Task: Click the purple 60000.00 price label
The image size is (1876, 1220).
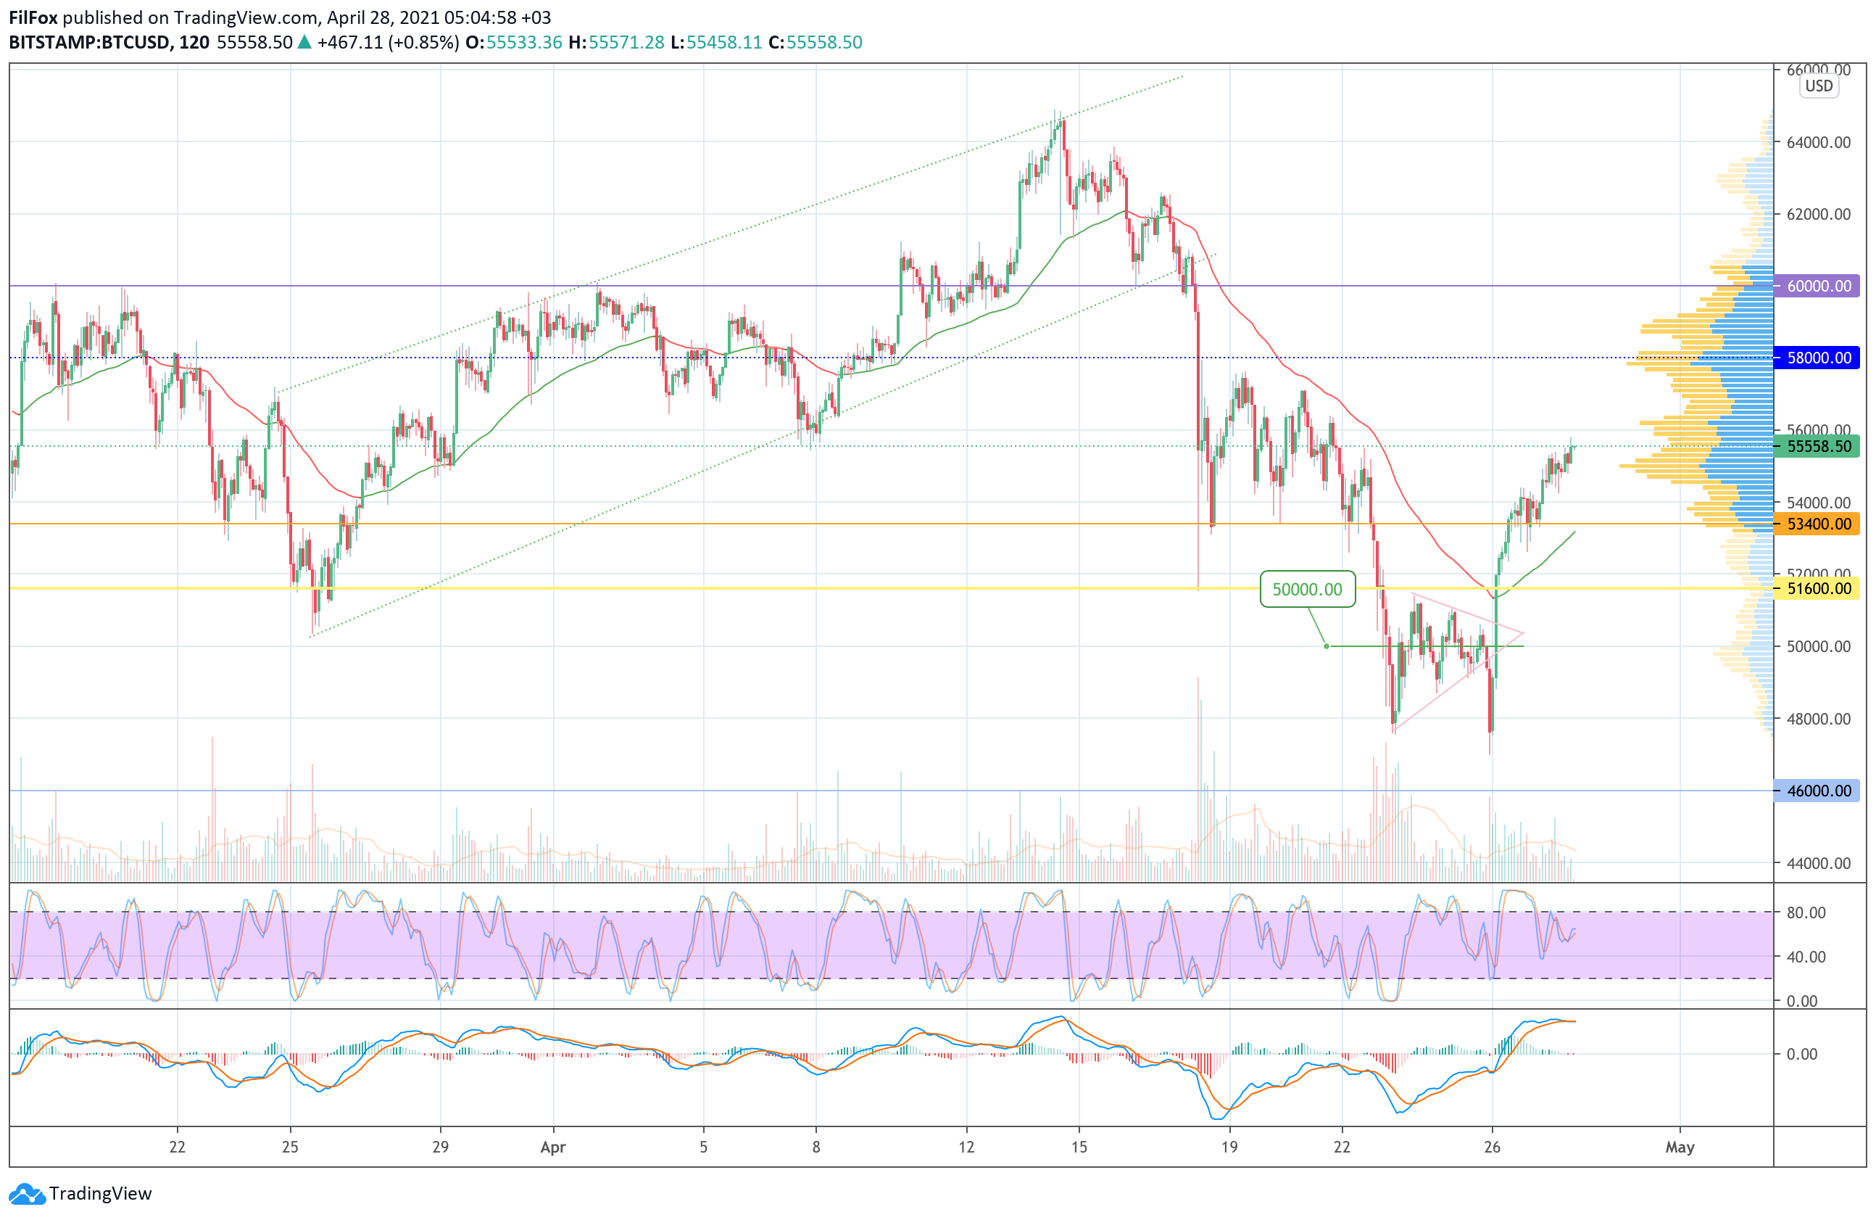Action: coord(1819,286)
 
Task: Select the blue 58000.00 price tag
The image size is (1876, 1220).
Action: coord(1819,358)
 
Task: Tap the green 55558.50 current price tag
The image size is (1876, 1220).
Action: coord(1819,446)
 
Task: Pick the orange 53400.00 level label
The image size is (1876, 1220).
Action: coord(1819,524)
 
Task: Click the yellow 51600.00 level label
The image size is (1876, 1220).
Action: coord(1819,588)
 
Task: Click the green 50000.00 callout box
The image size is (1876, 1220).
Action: coord(1307,589)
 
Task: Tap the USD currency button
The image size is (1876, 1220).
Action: coord(1819,86)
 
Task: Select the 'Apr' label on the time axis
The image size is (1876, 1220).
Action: coord(552,1147)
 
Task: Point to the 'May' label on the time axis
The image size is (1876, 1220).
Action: coord(1680,1147)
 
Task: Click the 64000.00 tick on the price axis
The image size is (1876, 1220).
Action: coord(1819,142)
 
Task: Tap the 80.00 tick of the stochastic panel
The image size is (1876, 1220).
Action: coord(1806,912)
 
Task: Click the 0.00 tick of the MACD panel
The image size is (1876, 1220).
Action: coord(1801,1054)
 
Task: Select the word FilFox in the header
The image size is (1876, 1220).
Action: coord(33,17)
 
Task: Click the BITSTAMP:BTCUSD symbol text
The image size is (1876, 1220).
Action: coord(90,43)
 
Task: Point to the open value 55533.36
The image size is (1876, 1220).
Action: coord(524,43)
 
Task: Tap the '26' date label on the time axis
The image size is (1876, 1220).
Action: coord(1491,1147)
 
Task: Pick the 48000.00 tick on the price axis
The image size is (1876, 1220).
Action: coord(1819,718)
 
